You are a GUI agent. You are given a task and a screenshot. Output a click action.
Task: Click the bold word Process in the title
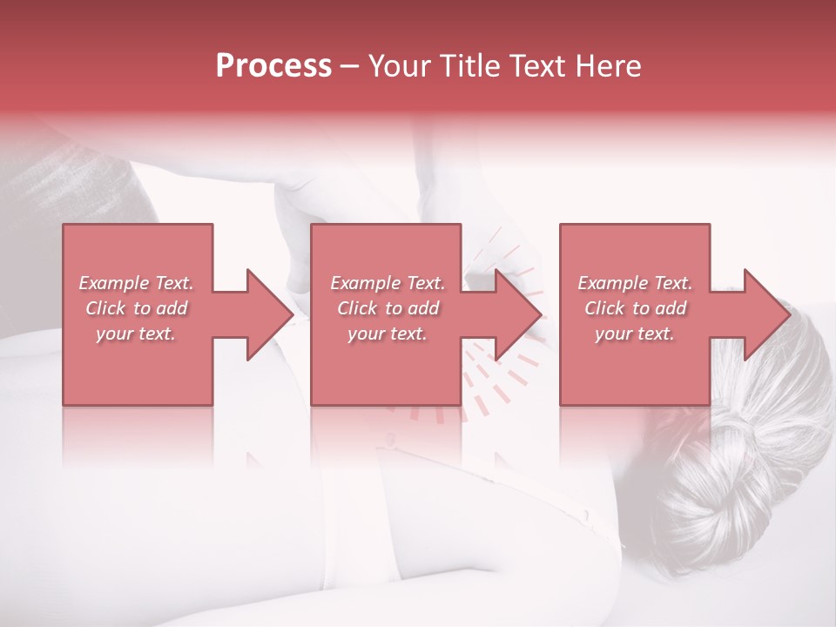tap(273, 66)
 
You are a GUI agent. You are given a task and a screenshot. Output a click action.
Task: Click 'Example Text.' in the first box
tap(136, 283)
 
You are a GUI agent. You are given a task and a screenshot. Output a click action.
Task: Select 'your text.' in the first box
tap(136, 334)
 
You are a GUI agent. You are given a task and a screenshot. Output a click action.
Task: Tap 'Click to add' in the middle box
tap(388, 308)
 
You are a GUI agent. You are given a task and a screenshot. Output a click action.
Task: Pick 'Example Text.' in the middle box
tap(388, 283)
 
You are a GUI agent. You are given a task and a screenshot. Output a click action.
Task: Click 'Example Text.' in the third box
tap(635, 283)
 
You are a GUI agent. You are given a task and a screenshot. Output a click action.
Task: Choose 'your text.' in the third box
tap(635, 334)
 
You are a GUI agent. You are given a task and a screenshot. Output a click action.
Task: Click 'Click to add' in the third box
tap(635, 308)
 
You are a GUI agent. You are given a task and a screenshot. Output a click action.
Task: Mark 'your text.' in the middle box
tap(388, 334)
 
